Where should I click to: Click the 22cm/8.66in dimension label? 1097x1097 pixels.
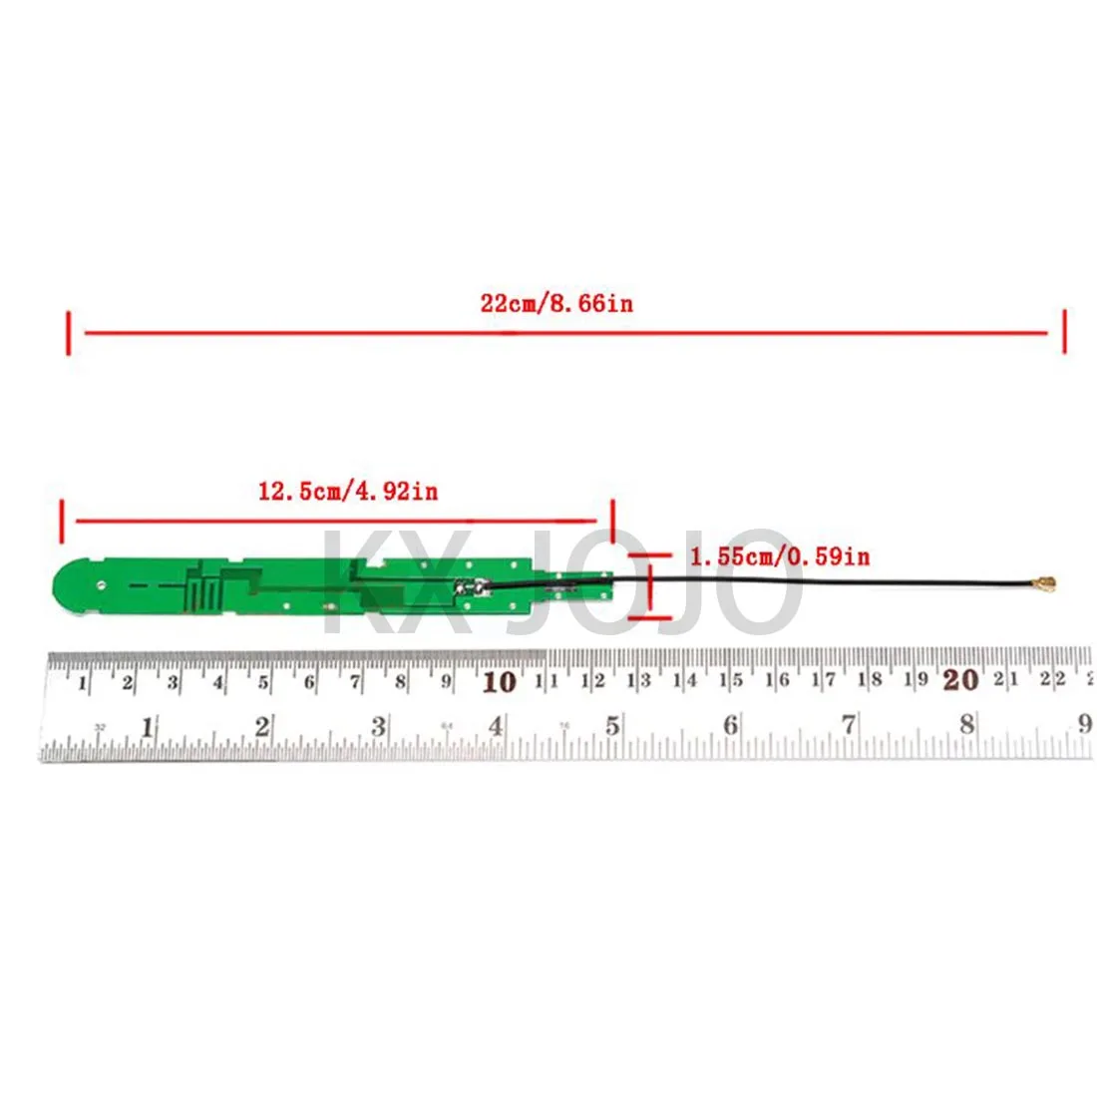(556, 303)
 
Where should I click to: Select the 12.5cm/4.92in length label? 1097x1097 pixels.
(348, 491)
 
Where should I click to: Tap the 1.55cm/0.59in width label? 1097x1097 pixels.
(779, 555)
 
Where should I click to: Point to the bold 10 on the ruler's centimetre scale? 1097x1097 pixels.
(499, 682)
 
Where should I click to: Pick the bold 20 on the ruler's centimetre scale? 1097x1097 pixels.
(960, 680)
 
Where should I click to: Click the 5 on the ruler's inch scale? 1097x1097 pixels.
(612, 726)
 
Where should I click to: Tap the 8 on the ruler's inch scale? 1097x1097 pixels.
(966, 725)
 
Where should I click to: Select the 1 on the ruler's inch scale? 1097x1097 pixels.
(148, 728)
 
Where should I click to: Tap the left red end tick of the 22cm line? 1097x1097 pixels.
(68, 332)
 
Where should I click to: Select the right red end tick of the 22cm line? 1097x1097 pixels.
(1064, 331)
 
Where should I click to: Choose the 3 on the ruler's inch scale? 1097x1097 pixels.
(379, 727)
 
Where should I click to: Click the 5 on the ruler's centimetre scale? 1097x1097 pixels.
(263, 683)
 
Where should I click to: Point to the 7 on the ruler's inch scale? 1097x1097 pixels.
(849, 725)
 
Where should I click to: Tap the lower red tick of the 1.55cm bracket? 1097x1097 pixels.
(650, 617)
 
